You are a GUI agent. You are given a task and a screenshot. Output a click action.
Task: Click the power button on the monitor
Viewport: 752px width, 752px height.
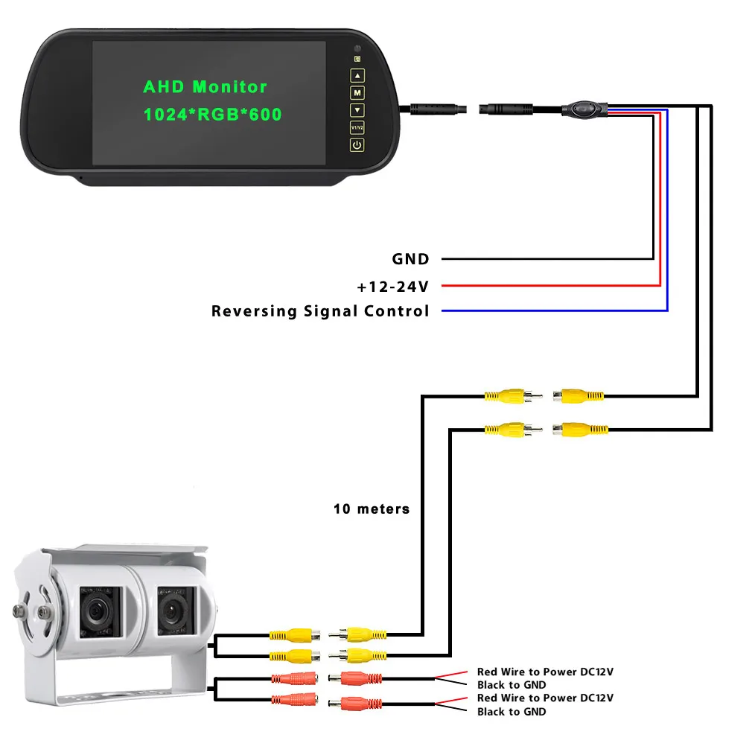[357, 145]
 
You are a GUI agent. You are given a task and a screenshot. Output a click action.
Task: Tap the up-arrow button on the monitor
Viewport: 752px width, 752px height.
[357, 76]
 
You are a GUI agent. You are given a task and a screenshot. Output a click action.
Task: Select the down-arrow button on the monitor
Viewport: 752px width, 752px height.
[357, 110]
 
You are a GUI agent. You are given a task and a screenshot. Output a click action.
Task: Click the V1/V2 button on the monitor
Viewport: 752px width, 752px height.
[357, 127]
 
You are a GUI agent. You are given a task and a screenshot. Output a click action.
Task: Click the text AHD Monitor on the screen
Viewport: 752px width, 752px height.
[205, 87]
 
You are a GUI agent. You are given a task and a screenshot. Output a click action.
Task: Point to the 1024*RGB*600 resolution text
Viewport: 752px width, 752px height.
[212, 114]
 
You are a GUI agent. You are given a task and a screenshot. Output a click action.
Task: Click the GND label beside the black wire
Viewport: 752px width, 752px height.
[410, 259]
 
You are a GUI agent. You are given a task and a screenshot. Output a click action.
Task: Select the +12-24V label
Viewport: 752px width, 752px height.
[392, 287]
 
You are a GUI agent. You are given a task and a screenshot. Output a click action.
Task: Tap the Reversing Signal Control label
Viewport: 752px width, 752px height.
[320, 310]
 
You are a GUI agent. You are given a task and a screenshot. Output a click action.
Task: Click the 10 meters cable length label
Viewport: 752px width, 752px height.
[372, 509]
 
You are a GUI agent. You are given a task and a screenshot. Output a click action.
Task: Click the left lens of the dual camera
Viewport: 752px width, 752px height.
[98, 611]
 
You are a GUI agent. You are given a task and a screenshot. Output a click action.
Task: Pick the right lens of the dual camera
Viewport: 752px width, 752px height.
[173, 611]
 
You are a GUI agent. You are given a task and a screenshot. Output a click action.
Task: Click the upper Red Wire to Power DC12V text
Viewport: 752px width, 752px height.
[545, 672]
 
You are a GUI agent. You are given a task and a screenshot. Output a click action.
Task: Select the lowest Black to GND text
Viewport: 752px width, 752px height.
[512, 712]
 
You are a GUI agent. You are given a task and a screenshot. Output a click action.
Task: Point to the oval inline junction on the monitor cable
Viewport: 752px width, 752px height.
[584, 109]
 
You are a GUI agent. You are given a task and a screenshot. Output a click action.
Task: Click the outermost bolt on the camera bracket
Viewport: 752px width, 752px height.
[19, 611]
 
